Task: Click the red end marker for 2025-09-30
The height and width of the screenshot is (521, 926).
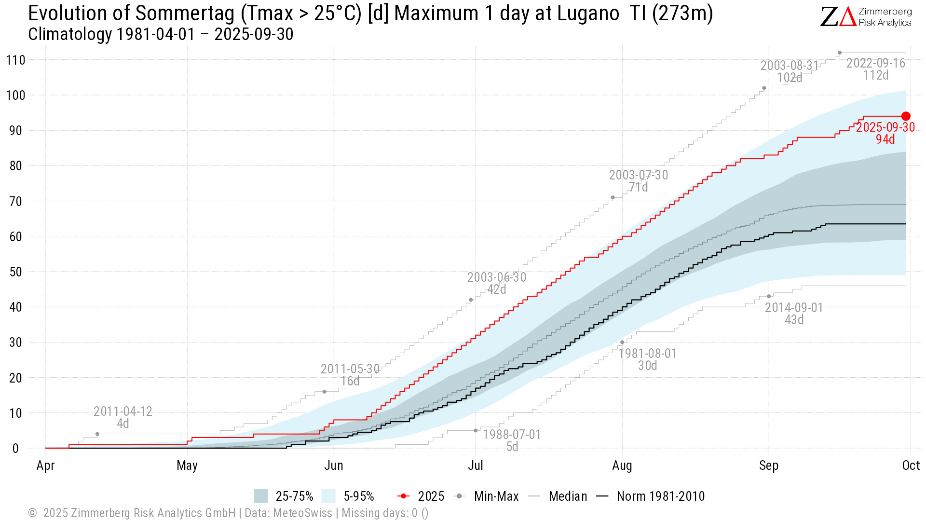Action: click(x=906, y=116)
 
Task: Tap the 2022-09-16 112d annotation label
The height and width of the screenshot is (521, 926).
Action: click(x=876, y=69)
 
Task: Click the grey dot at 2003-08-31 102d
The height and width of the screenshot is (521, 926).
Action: click(x=764, y=88)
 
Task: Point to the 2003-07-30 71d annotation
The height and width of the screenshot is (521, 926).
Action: click(x=639, y=181)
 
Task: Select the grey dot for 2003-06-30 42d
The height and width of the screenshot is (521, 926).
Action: click(x=471, y=300)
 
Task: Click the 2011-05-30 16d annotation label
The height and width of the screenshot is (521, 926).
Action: click(x=350, y=375)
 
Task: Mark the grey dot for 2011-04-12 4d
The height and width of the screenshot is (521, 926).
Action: click(x=97, y=434)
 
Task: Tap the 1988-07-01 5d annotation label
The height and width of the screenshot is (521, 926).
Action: click(x=512, y=440)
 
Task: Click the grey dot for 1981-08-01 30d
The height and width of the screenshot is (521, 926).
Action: click(x=622, y=343)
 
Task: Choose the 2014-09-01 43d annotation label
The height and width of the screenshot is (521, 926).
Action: click(x=794, y=314)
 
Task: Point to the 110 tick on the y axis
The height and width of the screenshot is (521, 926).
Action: click(x=15, y=60)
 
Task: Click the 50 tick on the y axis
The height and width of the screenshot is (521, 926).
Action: click(x=15, y=272)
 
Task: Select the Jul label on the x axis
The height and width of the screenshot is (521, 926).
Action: click(x=476, y=466)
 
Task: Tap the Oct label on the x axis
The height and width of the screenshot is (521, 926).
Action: click(x=911, y=466)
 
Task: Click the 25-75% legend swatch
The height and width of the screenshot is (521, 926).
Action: click(x=261, y=496)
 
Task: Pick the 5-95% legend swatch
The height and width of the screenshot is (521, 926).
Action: click(x=328, y=496)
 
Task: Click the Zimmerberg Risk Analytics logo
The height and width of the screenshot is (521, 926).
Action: click(x=866, y=17)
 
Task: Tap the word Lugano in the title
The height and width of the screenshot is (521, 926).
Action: click(x=588, y=14)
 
